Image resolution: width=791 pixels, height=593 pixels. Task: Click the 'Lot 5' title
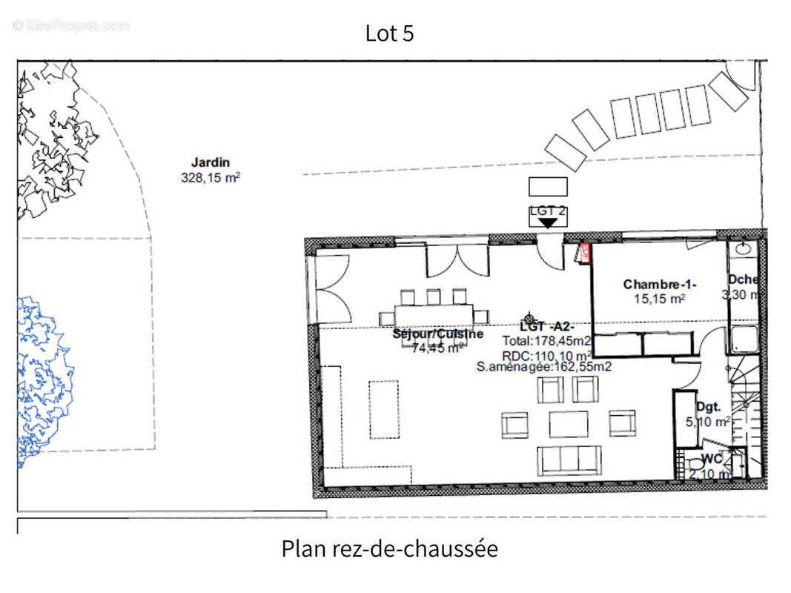pyautogui.click(x=389, y=33)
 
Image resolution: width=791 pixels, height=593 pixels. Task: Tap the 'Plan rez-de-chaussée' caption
pyautogui.click(x=389, y=549)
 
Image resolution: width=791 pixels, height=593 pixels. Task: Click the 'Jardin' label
pyautogui.click(x=211, y=162)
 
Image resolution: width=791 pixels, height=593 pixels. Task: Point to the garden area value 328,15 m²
pyautogui.click(x=211, y=178)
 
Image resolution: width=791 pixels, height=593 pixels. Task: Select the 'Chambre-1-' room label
pyautogui.click(x=660, y=285)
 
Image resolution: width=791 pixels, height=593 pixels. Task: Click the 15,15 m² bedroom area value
pyautogui.click(x=660, y=299)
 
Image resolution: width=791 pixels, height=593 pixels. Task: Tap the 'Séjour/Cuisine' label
pyautogui.click(x=437, y=334)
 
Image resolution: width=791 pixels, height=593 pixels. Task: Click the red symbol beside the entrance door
pyautogui.click(x=583, y=254)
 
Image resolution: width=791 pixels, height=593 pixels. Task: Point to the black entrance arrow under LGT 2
pyautogui.click(x=548, y=222)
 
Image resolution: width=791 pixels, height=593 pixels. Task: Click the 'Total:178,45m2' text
pyautogui.click(x=546, y=341)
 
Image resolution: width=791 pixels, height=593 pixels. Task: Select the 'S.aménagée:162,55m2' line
pyautogui.click(x=543, y=365)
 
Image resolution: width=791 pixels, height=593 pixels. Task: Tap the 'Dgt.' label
pyautogui.click(x=708, y=406)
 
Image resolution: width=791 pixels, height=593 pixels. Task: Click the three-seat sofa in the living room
pyautogui.click(x=569, y=460)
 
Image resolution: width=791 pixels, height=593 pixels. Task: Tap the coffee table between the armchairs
pyautogui.click(x=569, y=424)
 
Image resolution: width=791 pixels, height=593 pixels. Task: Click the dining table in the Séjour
pyautogui.click(x=434, y=314)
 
